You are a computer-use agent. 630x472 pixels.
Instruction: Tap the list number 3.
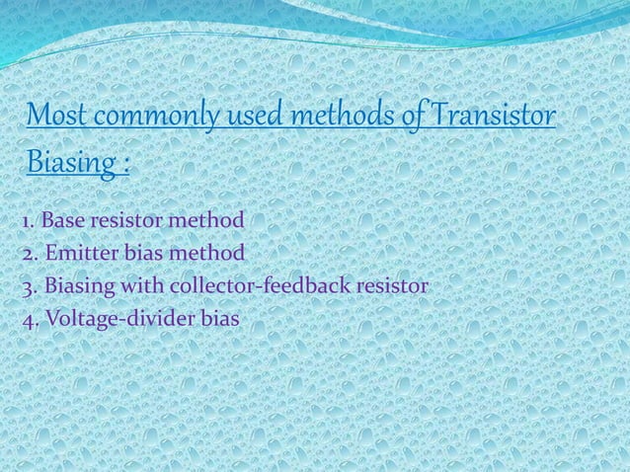(x=27, y=287)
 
